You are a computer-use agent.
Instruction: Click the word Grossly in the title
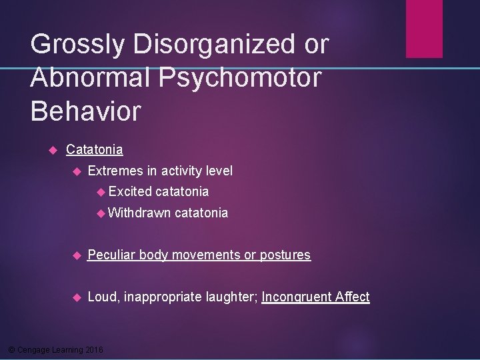(76, 45)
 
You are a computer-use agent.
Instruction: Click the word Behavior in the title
(86, 111)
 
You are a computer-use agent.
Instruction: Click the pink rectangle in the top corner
(424, 29)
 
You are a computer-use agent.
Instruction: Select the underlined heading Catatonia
(94, 150)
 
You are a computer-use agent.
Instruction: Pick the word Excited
(130, 192)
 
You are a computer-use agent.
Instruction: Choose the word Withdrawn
(139, 213)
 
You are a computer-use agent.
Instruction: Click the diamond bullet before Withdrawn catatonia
(101, 213)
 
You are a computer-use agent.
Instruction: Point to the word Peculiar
(111, 255)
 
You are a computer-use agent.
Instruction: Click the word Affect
(353, 297)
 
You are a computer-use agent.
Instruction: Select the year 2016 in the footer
(95, 349)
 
